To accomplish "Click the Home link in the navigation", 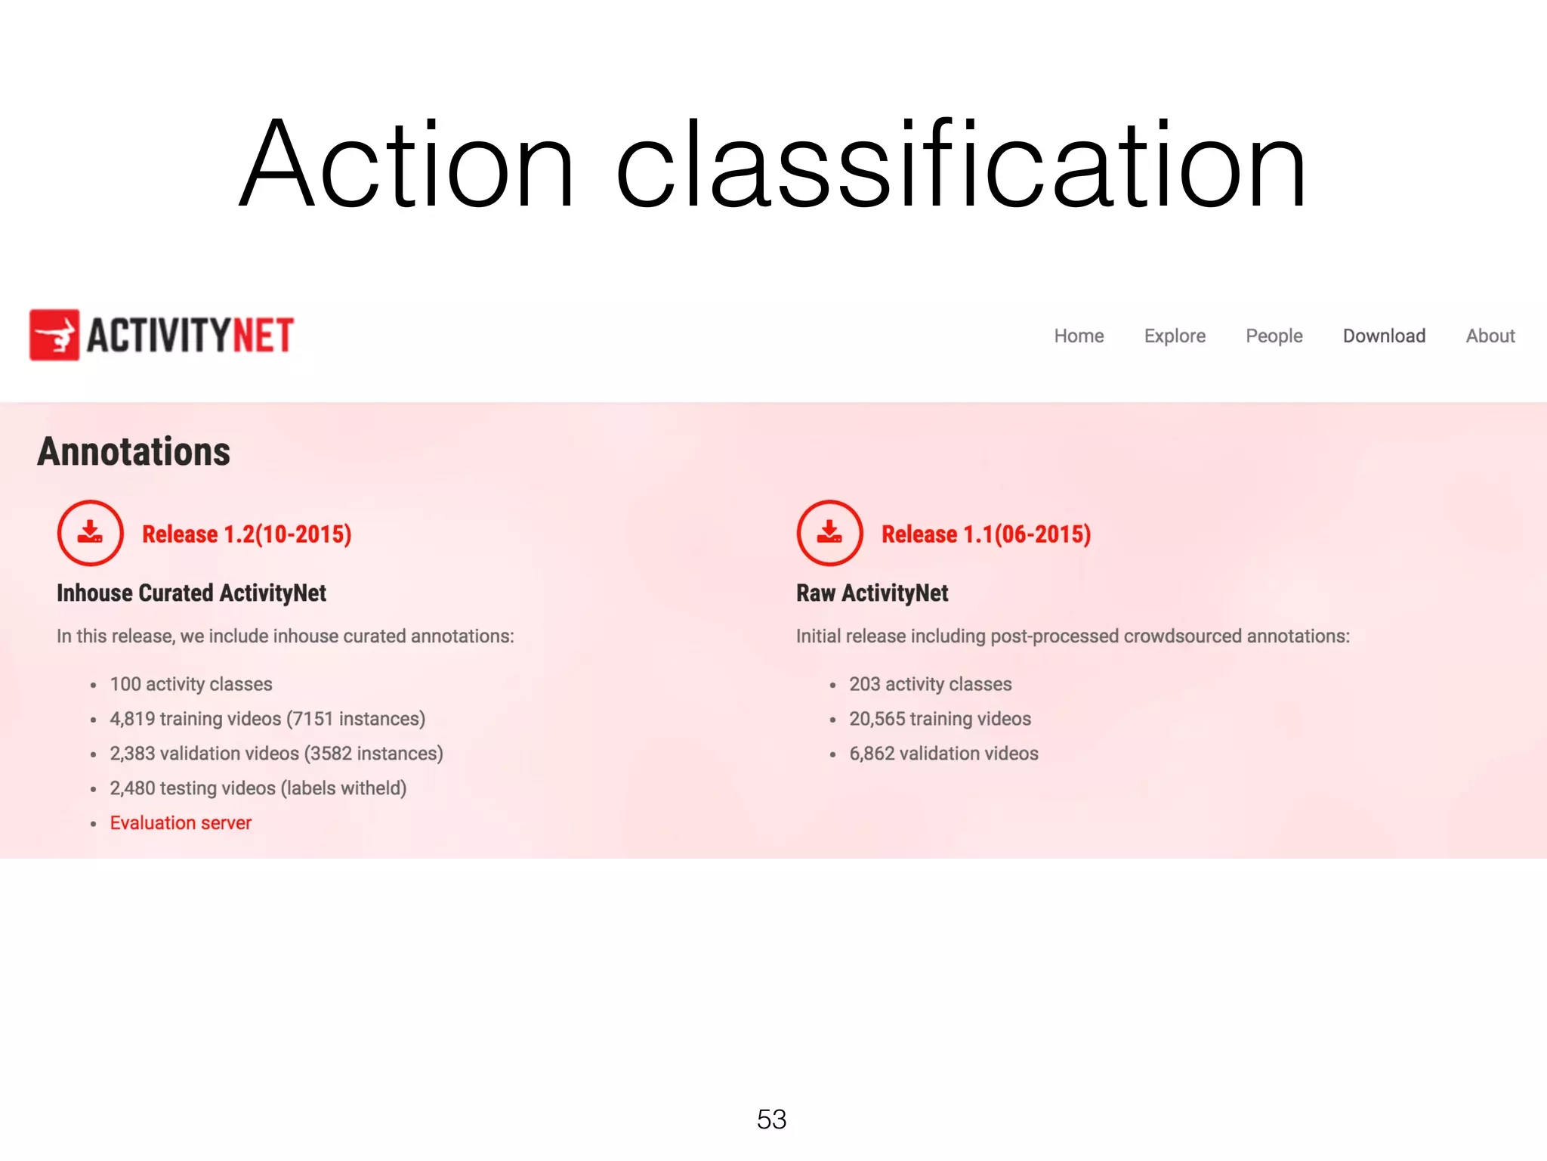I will [x=1079, y=336].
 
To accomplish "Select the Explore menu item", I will [x=1175, y=336].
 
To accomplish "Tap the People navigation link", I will [x=1274, y=336].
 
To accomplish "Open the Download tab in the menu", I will [x=1384, y=336].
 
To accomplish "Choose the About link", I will [x=1490, y=336].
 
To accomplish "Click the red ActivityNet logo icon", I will [x=54, y=335].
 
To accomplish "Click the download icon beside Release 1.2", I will [x=91, y=533].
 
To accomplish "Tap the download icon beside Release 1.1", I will [x=829, y=533].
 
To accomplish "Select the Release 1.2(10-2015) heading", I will [x=246, y=534].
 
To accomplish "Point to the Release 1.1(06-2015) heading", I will [x=986, y=534].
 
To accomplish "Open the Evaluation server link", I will [x=181, y=822].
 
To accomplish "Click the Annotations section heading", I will [x=134, y=451].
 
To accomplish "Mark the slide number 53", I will [x=771, y=1119].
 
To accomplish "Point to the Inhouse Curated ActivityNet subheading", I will [x=191, y=593].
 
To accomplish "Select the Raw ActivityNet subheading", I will [x=872, y=593].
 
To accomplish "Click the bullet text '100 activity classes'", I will [x=190, y=684].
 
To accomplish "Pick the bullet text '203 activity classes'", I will [x=930, y=684].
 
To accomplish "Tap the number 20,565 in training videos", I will [x=876, y=719].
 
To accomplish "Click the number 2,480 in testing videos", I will [x=131, y=788].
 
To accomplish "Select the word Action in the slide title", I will [x=408, y=164].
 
